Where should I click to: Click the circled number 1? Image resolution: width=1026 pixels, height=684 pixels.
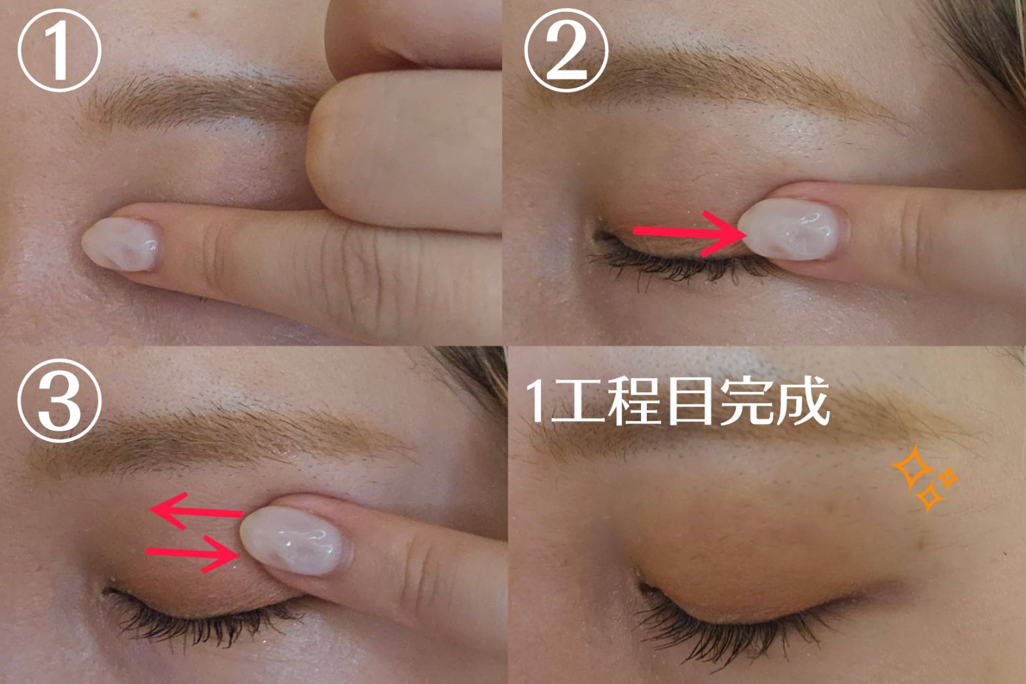click(60, 50)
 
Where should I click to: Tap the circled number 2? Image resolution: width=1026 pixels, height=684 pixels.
click(566, 50)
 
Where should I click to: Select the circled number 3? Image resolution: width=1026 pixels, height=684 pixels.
click(60, 401)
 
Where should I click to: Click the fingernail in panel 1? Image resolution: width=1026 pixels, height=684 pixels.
click(121, 244)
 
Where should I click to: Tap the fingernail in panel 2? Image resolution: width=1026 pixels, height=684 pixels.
click(792, 229)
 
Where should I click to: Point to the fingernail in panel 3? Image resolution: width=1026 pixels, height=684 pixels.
click(296, 541)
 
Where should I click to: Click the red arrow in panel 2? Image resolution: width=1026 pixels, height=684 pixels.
click(690, 234)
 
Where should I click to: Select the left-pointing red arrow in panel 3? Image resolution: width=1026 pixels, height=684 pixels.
click(197, 511)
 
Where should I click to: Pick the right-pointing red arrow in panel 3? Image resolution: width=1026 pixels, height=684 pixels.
click(193, 554)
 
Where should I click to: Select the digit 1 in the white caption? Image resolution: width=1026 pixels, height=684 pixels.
click(537, 401)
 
